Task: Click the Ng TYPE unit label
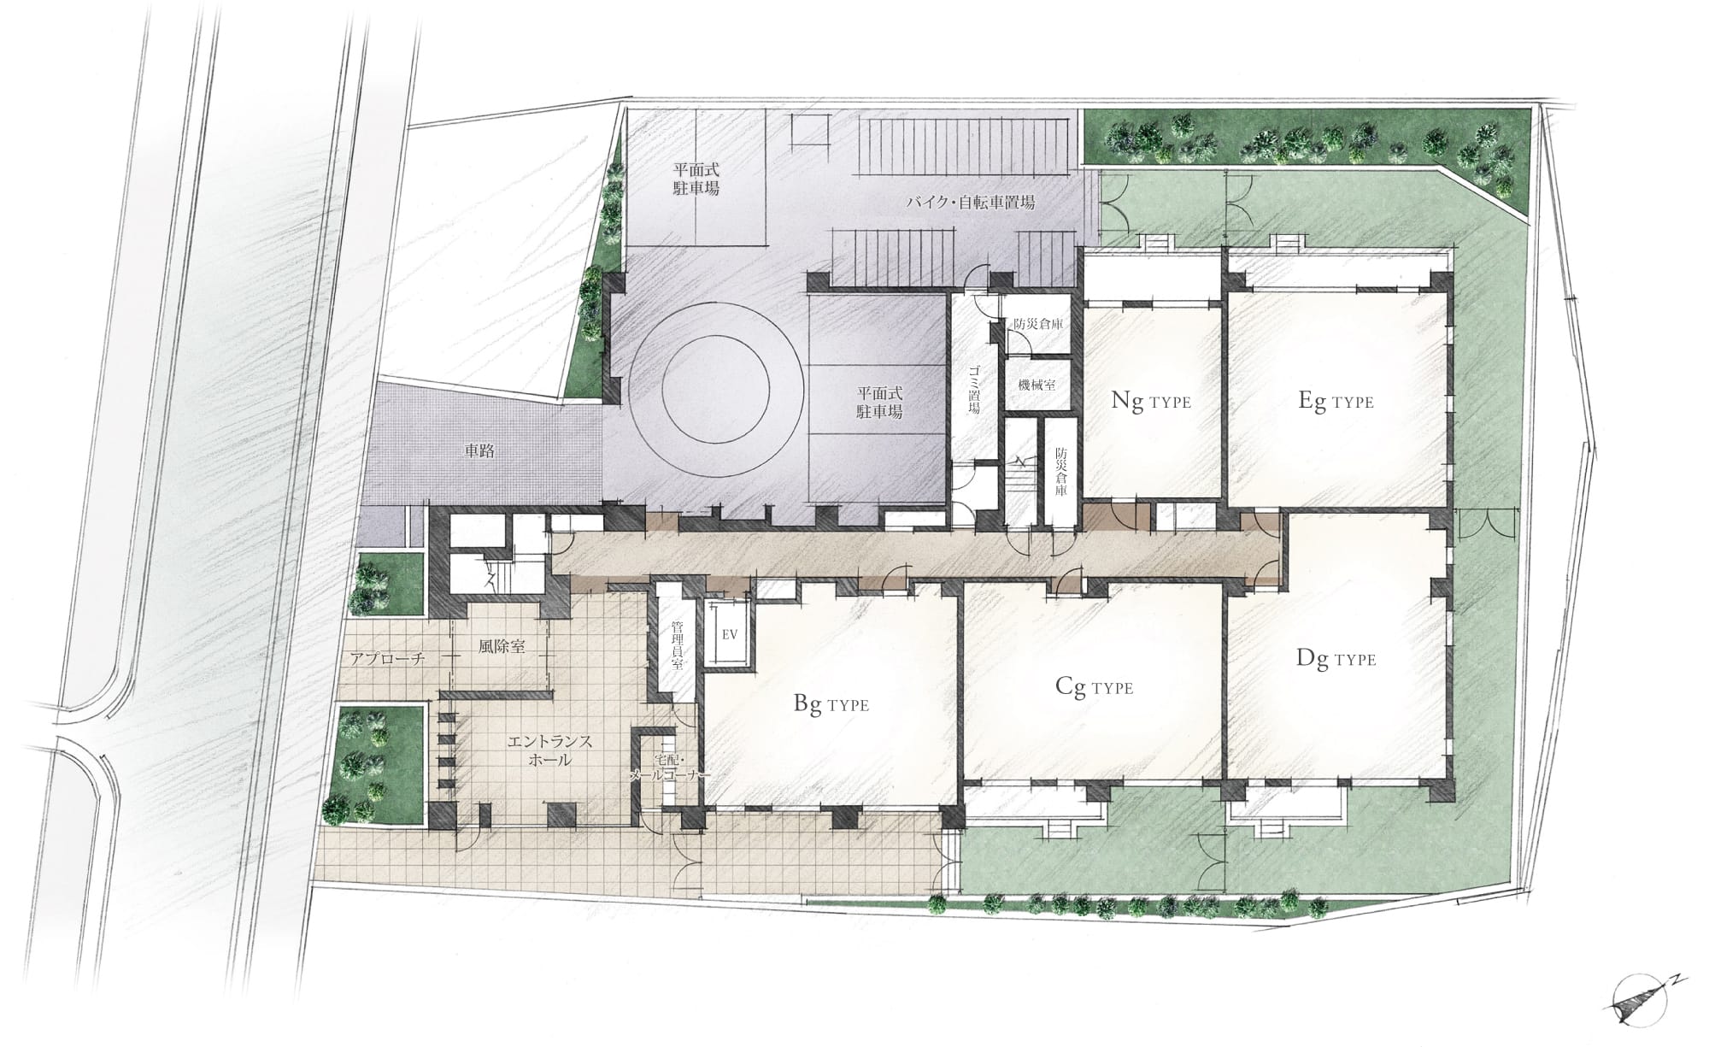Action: [1150, 401]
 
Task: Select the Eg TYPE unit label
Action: [1336, 401]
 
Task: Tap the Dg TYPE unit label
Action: [1336, 658]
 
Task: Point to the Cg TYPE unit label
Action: [1095, 686]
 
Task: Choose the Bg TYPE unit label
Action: [831, 704]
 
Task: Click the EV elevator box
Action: [730, 635]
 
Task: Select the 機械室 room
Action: [1037, 385]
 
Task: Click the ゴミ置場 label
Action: [973, 390]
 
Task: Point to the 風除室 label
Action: [502, 646]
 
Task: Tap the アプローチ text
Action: [388, 658]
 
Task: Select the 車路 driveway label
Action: [479, 450]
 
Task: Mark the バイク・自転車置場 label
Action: [971, 203]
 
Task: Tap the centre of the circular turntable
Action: [715, 386]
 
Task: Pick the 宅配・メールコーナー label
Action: [669, 767]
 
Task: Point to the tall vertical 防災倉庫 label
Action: [1060, 471]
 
